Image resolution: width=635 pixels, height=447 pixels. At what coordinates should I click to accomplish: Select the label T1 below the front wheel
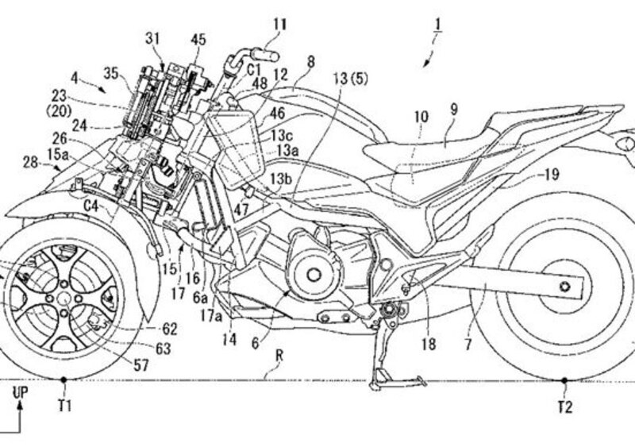(x=65, y=406)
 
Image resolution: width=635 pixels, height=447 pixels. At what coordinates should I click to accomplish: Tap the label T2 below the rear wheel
(x=564, y=406)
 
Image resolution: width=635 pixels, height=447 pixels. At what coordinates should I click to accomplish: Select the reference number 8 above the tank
(x=310, y=61)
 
